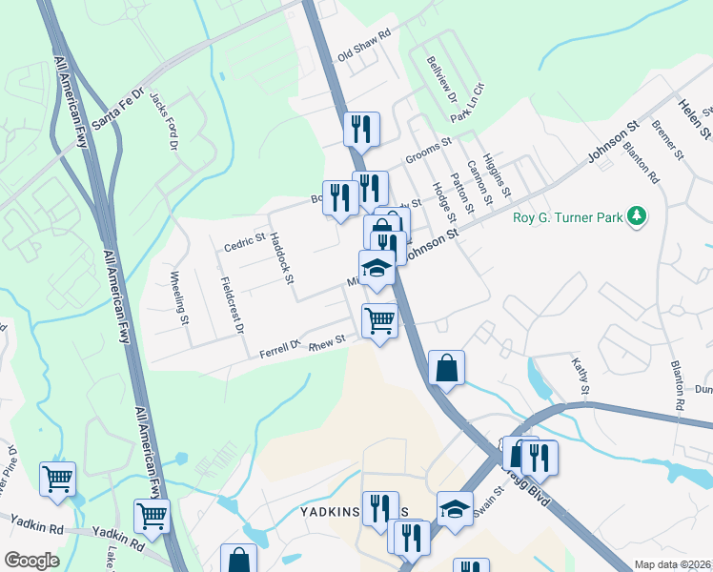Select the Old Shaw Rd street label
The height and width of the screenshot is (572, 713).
coord(364,46)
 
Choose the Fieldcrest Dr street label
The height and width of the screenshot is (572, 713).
coord(232,305)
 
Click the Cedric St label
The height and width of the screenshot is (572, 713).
coord(243,242)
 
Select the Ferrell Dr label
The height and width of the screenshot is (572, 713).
coord(280,349)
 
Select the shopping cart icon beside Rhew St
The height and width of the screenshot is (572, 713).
coord(379,321)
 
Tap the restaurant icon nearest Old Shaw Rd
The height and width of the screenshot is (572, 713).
coord(361,129)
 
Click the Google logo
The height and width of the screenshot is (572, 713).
coord(31,561)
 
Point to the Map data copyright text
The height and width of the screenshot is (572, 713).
coord(672,564)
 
